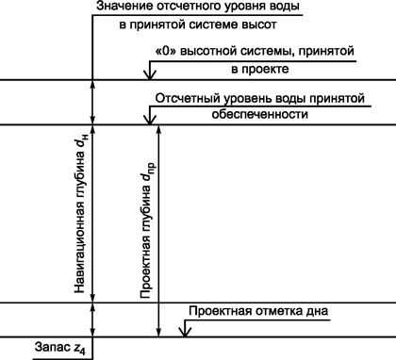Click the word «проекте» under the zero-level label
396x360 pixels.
pos(262,70)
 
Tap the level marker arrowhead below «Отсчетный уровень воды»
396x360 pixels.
pos(147,119)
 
